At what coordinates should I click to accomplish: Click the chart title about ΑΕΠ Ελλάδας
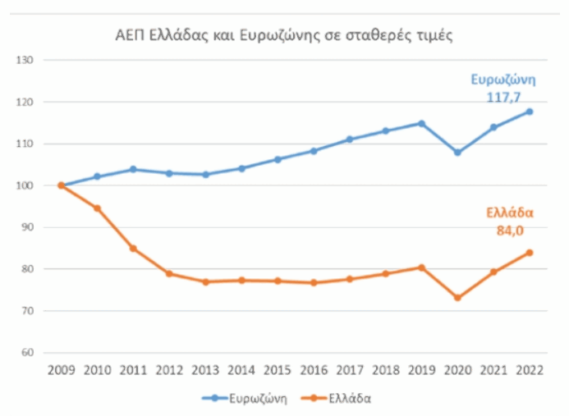pyautogui.click(x=283, y=35)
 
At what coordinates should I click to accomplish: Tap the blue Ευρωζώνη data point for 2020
pyautogui.click(x=457, y=153)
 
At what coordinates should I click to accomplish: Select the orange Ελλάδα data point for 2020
pyautogui.click(x=457, y=298)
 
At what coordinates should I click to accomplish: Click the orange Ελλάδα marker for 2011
pyautogui.click(x=133, y=249)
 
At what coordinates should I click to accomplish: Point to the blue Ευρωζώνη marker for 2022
pyautogui.click(x=530, y=112)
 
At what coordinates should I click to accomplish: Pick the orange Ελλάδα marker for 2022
pyautogui.click(x=530, y=253)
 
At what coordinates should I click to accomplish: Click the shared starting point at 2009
pyautogui.click(x=61, y=185)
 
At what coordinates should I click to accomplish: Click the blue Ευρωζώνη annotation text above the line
pyautogui.click(x=502, y=80)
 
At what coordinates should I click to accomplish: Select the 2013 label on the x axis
pyautogui.click(x=205, y=371)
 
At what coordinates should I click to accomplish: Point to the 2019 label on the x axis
pyautogui.click(x=421, y=371)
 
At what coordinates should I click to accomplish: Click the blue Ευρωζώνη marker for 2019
pyautogui.click(x=421, y=124)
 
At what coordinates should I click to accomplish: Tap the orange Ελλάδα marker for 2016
pyautogui.click(x=313, y=283)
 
